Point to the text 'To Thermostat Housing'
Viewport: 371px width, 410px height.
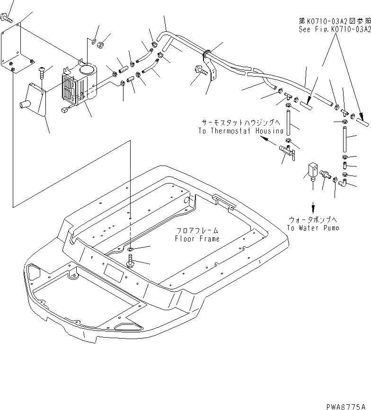(x=241, y=131)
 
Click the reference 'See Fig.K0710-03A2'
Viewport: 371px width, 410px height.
(x=334, y=29)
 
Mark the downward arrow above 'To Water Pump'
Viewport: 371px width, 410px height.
(x=312, y=207)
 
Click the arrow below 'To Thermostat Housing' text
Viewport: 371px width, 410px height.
(x=267, y=140)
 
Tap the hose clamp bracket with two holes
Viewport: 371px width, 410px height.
(x=211, y=71)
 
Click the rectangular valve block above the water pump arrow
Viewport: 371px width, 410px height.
(x=312, y=169)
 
